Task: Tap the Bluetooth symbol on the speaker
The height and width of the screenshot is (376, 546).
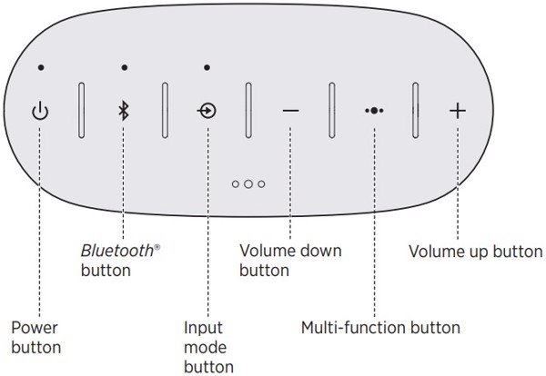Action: pyautogui.click(x=124, y=111)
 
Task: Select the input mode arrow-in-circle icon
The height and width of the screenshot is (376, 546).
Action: pyautogui.click(x=207, y=111)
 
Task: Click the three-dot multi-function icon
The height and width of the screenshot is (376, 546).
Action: pyautogui.click(x=374, y=111)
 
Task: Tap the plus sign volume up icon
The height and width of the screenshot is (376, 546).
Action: pyautogui.click(x=458, y=111)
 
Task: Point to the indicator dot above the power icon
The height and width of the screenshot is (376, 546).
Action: pyautogui.click(x=41, y=67)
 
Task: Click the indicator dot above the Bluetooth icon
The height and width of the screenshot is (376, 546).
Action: pyautogui.click(x=125, y=67)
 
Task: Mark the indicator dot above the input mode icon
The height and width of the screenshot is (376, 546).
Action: pyautogui.click(x=207, y=67)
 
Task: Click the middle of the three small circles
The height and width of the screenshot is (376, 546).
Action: pyautogui.click(x=248, y=183)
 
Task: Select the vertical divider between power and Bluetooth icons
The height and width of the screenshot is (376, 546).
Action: pyautogui.click(x=82, y=110)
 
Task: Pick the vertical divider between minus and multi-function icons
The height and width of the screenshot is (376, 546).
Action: pyautogui.click(x=332, y=110)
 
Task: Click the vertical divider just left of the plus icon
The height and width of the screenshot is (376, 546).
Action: pyautogui.click(x=415, y=110)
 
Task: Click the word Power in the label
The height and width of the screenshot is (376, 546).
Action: pyautogui.click(x=35, y=328)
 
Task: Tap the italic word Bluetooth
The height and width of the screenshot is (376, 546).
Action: pyautogui.click(x=117, y=251)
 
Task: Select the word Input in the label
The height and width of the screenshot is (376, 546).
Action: pyautogui.click(x=203, y=328)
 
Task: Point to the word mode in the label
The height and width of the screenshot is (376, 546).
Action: pyautogui.click(x=205, y=348)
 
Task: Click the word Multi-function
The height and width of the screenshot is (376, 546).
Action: pyautogui.click(x=353, y=328)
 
